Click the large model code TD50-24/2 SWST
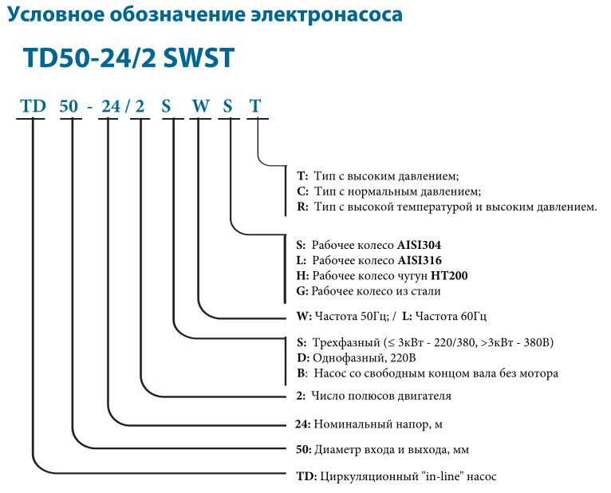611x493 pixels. (129, 58)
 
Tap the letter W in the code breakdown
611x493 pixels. (201, 106)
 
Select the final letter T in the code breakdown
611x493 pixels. (255, 106)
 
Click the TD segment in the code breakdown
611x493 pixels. (34, 106)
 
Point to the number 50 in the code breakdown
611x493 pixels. (69, 106)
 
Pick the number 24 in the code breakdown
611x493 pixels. (111, 106)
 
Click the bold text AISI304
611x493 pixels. (419, 245)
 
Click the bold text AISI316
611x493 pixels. (420, 260)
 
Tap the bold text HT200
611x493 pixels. (449, 276)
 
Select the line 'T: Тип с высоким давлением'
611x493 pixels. (378, 176)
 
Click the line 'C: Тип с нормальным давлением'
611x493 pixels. (389, 191)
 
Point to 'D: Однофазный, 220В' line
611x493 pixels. (357, 357)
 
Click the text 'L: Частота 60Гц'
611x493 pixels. (444, 316)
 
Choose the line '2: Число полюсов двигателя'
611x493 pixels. (373, 396)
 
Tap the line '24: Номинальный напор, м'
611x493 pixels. (369, 424)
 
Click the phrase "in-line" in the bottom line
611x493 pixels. (441, 476)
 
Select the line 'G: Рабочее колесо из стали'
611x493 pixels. (369, 291)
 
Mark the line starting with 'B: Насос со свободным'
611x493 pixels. (428, 373)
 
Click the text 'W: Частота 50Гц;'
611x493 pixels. (343, 316)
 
